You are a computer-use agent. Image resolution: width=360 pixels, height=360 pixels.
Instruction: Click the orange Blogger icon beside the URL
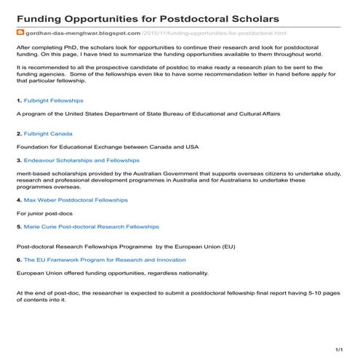(x=20, y=33)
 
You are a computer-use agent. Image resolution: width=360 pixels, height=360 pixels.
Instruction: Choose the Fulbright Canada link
(x=48, y=134)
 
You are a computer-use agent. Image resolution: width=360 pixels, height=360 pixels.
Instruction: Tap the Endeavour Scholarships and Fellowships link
(x=81, y=159)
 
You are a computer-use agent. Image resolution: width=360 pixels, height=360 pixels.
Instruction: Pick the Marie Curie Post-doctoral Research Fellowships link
(x=91, y=227)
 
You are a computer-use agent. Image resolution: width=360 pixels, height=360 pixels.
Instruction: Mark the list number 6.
(x=18, y=260)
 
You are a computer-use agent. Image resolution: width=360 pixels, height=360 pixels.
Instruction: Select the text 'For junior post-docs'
(x=45, y=214)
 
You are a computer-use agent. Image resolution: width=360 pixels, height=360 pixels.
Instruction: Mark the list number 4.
(x=18, y=199)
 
